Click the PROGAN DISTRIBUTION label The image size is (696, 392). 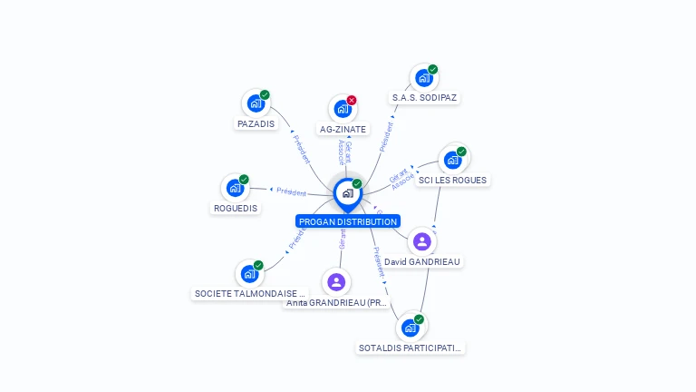347,221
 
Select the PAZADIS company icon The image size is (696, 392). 256,103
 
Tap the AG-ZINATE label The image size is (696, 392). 343,129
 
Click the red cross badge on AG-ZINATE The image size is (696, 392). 352,100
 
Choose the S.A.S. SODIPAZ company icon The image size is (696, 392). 423,78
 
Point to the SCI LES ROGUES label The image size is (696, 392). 453,180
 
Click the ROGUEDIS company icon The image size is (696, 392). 235,188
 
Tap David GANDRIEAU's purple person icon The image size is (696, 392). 421,241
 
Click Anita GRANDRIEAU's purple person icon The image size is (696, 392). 336,281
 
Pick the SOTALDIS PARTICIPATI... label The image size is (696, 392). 410,348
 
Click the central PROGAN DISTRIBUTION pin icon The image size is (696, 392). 347,193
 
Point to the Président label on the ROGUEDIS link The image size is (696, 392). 291,191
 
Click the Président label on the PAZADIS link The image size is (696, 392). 301,148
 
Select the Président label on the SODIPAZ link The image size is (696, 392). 387,136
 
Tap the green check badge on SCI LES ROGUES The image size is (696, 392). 461,152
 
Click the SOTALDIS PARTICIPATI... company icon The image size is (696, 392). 410,327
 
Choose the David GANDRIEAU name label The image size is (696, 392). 422,261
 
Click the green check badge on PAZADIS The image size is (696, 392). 265,94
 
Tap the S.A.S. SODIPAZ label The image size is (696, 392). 424,97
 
